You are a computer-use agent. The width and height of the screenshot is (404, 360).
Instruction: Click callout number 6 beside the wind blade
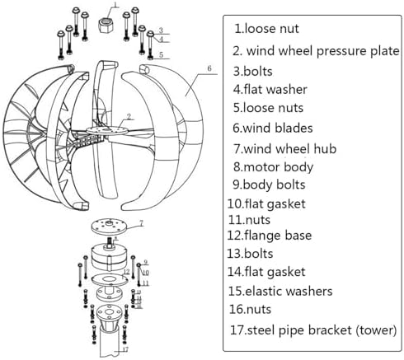pyautogui.click(x=210, y=68)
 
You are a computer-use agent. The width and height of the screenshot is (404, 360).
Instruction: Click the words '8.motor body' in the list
pyautogui.click(x=270, y=167)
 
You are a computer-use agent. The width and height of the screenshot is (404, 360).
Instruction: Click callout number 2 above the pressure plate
pyautogui.click(x=129, y=117)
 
